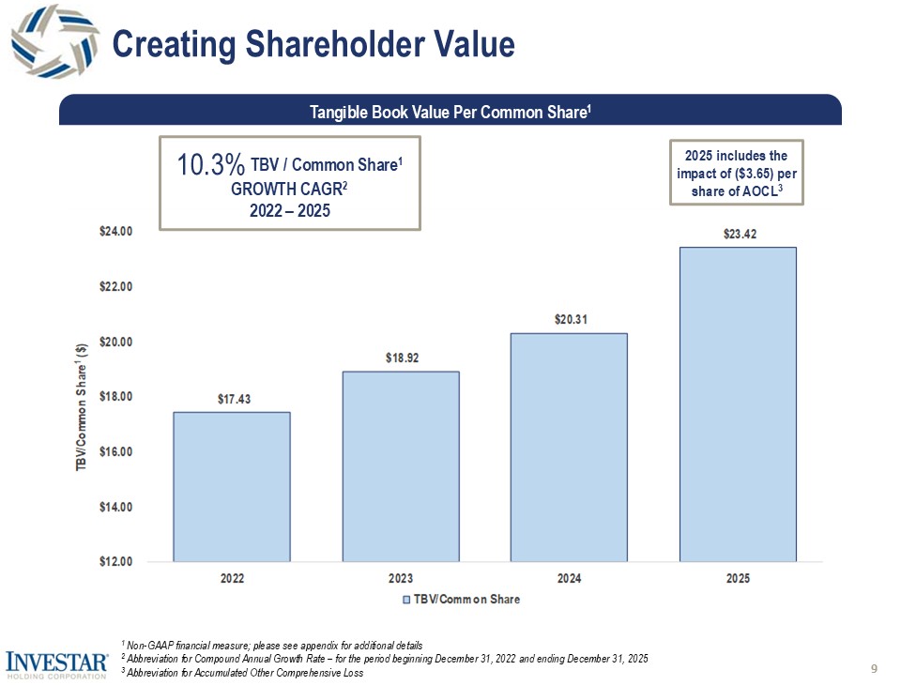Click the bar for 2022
coord(231,486)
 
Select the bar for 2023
coord(401,466)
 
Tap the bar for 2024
coord(568,447)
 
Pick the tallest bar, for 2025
coord(738,403)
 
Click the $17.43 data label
coord(231,399)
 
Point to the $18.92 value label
coord(401,358)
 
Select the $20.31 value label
coord(569,320)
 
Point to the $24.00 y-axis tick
coord(116,231)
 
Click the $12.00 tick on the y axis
coord(116,562)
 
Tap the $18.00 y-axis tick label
coord(116,397)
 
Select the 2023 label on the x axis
coord(401,579)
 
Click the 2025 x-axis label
coord(738,579)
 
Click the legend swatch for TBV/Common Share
coord(406,600)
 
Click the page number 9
coord(874,668)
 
